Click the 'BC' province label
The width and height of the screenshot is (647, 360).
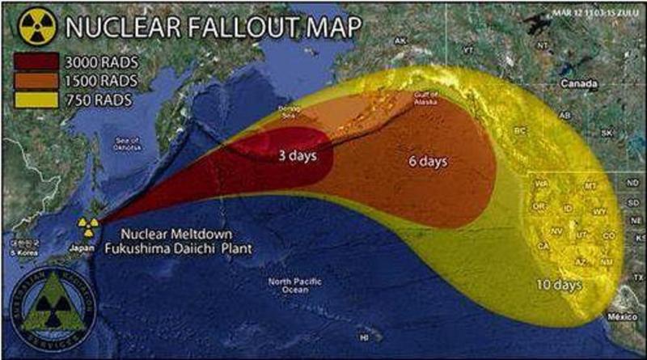tap(520, 130)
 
